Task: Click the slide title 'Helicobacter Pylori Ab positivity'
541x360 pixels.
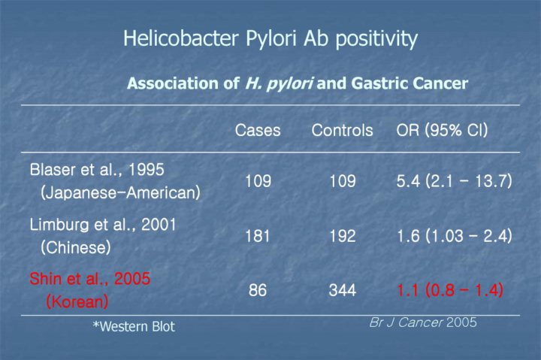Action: coord(270,38)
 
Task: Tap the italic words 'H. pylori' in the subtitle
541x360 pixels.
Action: coord(279,84)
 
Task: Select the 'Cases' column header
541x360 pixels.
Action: coord(258,131)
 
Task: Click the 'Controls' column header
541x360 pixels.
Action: coord(343,131)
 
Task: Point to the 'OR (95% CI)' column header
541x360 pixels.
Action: coord(442,131)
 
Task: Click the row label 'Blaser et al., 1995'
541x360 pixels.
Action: coord(97,170)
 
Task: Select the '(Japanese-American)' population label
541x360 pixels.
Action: coord(120,192)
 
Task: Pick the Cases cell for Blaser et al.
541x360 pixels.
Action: coord(258,181)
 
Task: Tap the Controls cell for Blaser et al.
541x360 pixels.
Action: coord(343,181)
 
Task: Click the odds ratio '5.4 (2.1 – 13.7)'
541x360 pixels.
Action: coord(455,181)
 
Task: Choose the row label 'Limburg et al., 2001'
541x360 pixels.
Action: coord(103,225)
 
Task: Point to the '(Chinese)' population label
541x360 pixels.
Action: coord(76,247)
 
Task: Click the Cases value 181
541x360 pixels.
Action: coord(258,237)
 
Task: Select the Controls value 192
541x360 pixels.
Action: coord(343,237)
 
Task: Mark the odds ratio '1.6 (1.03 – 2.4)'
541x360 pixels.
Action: coord(455,237)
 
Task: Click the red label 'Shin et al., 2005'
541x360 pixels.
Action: coord(90,279)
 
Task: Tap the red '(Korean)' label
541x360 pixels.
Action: coord(77,301)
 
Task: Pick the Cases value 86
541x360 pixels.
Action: coord(258,290)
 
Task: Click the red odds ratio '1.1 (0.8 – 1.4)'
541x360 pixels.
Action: coord(450,290)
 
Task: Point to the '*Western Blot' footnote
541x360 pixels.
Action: coord(134,326)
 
